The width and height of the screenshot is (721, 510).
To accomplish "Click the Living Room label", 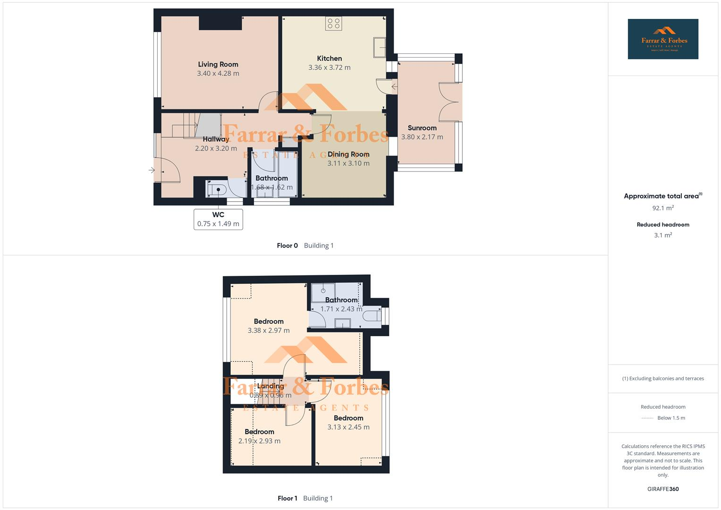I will click(x=218, y=64).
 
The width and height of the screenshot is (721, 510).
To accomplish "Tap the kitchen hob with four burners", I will click(x=333, y=24).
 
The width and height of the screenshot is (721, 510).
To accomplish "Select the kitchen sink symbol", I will click(x=379, y=47).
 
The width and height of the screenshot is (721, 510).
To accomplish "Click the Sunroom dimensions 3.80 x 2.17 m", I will click(x=422, y=137).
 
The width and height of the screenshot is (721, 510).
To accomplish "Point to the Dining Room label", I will click(x=348, y=154).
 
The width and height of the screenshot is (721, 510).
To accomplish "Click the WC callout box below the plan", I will click(x=218, y=219).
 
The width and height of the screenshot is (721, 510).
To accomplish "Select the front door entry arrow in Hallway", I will click(x=152, y=170).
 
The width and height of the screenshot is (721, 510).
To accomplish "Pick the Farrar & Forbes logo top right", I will click(x=662, y=39).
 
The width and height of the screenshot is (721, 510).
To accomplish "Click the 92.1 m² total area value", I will click(x=662, y=208).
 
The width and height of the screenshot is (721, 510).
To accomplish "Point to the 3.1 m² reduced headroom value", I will click(x=662, y=235).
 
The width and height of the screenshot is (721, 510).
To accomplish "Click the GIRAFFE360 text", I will click(x=662, y=489).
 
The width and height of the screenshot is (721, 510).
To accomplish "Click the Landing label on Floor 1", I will click(x=270, y=386).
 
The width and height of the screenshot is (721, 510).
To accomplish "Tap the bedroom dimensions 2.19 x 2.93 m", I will click(x=259, y=441).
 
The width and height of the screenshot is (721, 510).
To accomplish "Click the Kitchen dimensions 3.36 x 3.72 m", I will click(x=329, y=68).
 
